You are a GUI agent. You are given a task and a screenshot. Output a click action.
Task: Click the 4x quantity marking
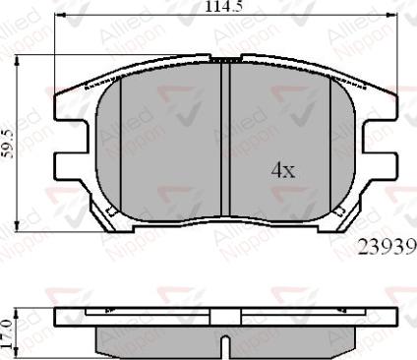coord(283,170)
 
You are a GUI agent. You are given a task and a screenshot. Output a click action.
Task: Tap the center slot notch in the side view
coord(228,346)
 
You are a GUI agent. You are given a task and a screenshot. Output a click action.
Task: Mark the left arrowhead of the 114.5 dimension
coord(60,17)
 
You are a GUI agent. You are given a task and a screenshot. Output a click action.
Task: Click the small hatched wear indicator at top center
coord(228,60)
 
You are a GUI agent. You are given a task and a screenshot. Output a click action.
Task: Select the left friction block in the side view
coord(157,338)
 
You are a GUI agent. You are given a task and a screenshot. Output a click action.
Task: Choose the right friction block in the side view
coord(295,338)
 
